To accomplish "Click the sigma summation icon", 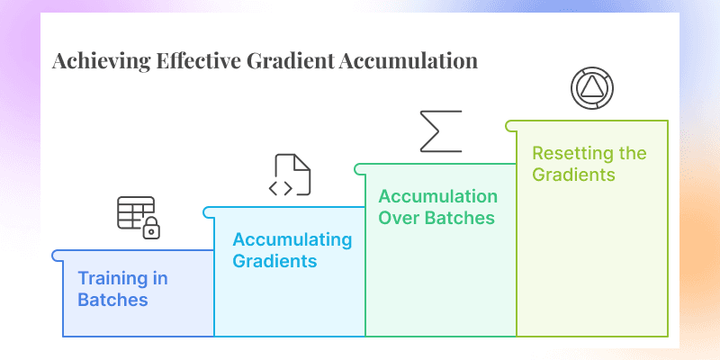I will (441, 131).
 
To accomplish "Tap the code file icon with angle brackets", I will (292, 175).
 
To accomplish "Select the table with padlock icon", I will (138, 217).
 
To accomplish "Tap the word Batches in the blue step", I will (112, 299).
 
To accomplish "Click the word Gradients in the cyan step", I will (274, 261).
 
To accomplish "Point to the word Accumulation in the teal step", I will (437, 196).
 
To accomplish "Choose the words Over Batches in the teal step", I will (436, 217).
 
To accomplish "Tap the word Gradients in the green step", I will (573, 174).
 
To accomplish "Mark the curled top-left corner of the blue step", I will (58, 256).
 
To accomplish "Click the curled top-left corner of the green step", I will (510, 126).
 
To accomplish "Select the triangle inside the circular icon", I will (592, 88).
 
